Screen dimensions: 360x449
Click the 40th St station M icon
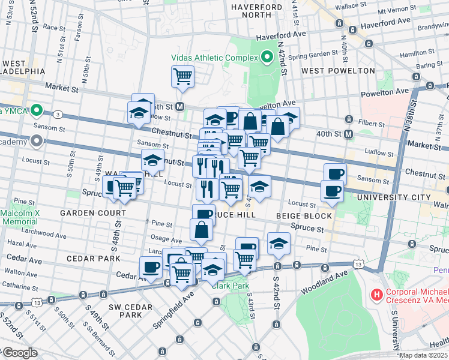[349, 133]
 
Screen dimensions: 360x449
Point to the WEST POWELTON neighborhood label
[338, 71]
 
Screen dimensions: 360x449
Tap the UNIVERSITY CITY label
[393, 197]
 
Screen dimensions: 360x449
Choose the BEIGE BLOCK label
[304, 215]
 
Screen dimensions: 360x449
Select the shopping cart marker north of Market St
[182, 76]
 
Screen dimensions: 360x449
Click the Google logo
[20, 353]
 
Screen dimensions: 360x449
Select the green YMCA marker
[36, 110]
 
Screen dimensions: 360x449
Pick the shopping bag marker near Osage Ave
[202, 229]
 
